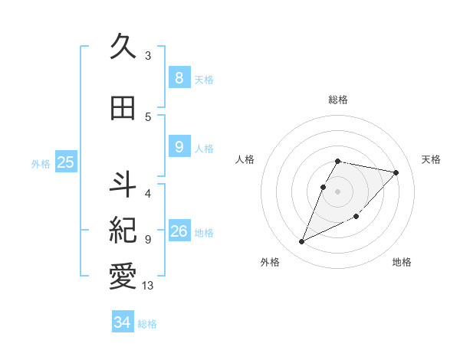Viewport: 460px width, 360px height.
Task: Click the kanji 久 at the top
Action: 123,47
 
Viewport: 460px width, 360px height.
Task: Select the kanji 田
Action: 123,108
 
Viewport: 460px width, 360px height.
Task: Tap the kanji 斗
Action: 123,184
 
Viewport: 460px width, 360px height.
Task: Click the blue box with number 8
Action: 179,78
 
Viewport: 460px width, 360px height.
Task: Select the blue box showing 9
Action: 179,148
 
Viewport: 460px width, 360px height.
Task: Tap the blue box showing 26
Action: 179,231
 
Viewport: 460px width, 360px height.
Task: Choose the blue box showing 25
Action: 65,162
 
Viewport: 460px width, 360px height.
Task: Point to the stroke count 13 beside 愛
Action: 148,286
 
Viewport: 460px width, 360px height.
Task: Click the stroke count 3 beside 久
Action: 148,56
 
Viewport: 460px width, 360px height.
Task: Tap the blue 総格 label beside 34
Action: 147,324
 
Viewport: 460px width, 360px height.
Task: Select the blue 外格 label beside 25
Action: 40,163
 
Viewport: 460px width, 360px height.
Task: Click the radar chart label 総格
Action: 338,100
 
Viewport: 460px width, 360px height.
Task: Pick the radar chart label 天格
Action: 432,159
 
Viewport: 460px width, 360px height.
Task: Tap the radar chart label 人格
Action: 245,159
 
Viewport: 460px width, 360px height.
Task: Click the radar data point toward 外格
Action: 301,242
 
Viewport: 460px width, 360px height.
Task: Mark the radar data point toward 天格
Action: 396,173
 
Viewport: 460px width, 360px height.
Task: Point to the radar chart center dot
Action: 338,191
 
